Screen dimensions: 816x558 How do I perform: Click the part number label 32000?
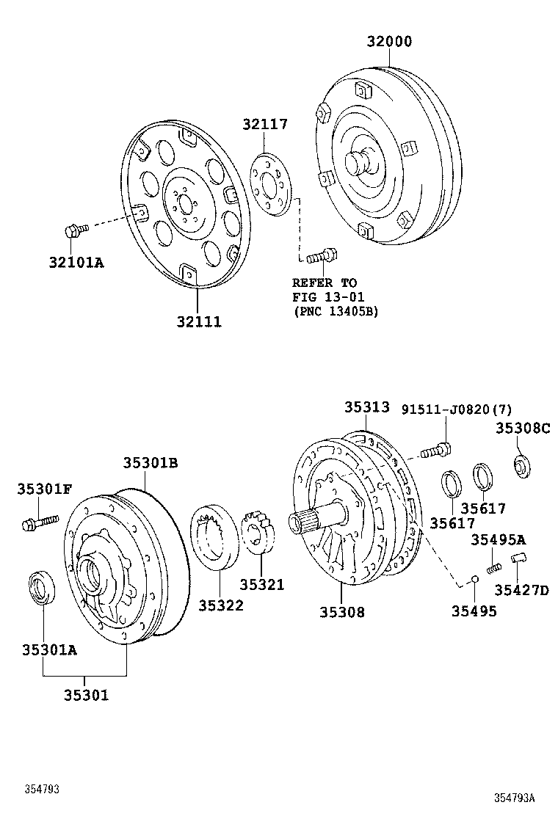coord(389,41)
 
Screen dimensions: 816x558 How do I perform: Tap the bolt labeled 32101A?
coord(74,230)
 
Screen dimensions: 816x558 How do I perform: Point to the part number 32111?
coord(198,321)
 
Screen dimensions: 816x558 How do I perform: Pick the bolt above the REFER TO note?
coord(321,256)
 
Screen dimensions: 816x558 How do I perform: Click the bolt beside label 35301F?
coord(38,522)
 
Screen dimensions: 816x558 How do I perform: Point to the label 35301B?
coord(150,463)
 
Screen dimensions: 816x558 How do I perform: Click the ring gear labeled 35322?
coord(215,539)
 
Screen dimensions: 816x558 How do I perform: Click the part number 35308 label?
coord(341,611)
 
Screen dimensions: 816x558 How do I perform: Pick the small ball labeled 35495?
coord(474,580)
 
